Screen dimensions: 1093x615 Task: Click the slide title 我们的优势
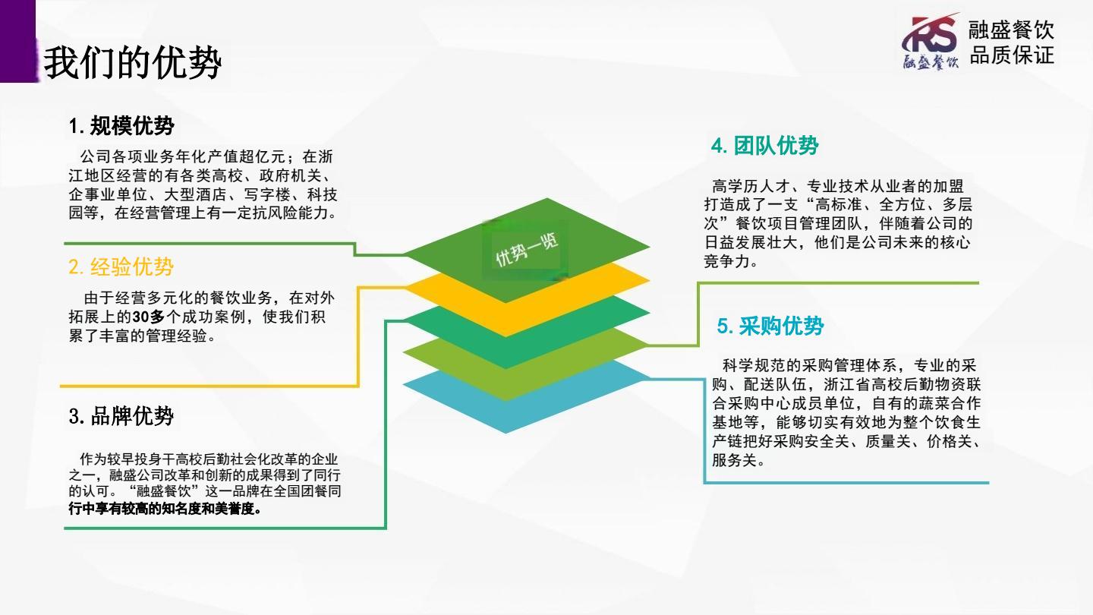tap(133, 62)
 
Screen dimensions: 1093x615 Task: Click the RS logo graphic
tap(930, 41)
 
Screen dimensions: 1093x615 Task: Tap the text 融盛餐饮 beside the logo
tap(1011, 30)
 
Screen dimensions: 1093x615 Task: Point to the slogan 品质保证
tap(1012, 55)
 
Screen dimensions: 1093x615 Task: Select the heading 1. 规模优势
tap(121, 126)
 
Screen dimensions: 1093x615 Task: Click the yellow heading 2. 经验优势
tap(121, 267)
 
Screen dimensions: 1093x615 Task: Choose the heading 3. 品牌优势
tap(121, 416)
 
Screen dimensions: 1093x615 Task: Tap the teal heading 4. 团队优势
tap(764, 146)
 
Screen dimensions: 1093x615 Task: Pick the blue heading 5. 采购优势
tap(770, 326)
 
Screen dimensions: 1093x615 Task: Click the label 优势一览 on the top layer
tap(527, 251)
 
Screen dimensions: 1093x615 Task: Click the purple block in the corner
tap(18, 41)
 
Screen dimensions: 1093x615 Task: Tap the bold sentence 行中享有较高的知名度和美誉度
tap(162, 509)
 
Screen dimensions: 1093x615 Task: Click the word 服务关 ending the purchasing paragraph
tap(735, 460)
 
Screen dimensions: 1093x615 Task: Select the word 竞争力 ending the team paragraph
tap(726, 261)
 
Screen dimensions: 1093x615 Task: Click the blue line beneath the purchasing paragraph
tap(846, 483)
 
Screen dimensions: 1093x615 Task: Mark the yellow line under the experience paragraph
tap(209, 386)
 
